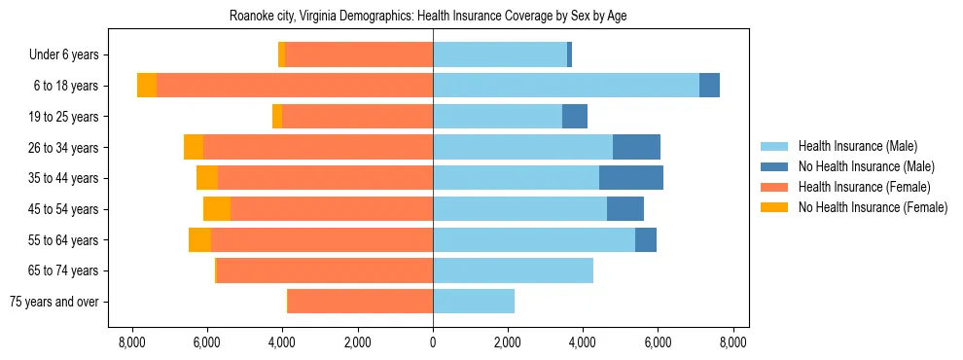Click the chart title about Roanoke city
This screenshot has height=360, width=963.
coord(433,17)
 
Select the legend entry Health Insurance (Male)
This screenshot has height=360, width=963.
coord(857,146)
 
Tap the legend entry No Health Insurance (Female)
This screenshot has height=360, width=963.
coord(872,207)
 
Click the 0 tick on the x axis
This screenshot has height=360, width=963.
coord(433,342)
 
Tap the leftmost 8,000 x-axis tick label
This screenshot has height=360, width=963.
coord(132,342)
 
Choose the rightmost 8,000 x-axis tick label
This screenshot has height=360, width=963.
coord(733,342)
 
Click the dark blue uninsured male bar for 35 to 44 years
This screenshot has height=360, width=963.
coord(631,178)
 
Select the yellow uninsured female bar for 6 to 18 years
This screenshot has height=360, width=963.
coord(147,86)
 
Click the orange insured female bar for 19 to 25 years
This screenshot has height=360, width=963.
coord(357,117)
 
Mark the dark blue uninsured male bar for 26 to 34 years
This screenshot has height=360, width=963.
coord(636,147)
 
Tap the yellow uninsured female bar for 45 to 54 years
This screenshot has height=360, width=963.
coord(217,209)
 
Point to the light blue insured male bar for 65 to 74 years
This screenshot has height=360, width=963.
coord(513,270)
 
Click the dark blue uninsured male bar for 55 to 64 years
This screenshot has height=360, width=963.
coord(646,239)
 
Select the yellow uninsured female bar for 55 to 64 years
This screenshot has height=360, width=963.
coord(199,239)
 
